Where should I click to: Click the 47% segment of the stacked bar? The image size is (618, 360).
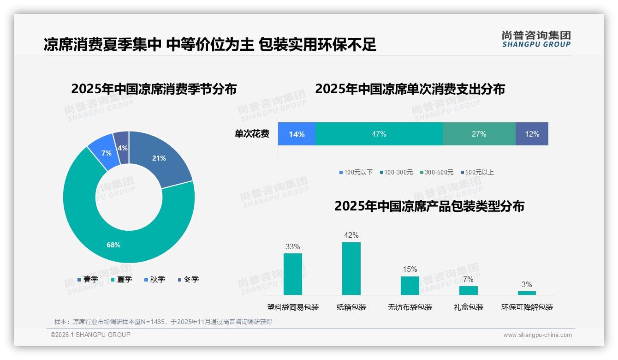tap(379, 134)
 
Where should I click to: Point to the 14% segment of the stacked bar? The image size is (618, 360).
tap(297, 134)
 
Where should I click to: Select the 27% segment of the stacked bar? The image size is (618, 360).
tap(479, 134)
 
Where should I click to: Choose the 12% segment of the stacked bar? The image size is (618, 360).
tap(532, 134)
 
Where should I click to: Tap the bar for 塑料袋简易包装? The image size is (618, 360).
tap(292, 274)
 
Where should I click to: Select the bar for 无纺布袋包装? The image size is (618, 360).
tap(410, 286)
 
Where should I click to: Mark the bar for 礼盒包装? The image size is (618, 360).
tap(468, 290)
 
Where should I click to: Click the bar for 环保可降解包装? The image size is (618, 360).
tap(527, 293)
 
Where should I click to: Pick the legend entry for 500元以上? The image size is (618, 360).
tap(477, 173)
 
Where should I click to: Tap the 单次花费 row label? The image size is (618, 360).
tap(252, 134)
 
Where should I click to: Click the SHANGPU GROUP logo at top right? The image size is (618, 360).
tap(536, 39)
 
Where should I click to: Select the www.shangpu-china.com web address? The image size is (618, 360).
tap(537, 335)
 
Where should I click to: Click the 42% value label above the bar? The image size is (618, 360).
tap(351, 235)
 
